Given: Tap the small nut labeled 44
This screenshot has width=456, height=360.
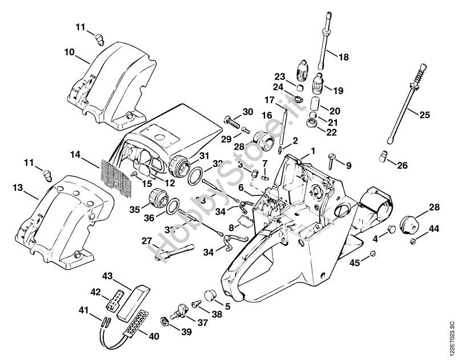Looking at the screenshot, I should click(x=412, y=243).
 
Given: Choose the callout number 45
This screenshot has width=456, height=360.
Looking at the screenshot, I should click(x=355, y=263).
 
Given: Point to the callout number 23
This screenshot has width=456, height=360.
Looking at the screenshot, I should click(x=279, y=76).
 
